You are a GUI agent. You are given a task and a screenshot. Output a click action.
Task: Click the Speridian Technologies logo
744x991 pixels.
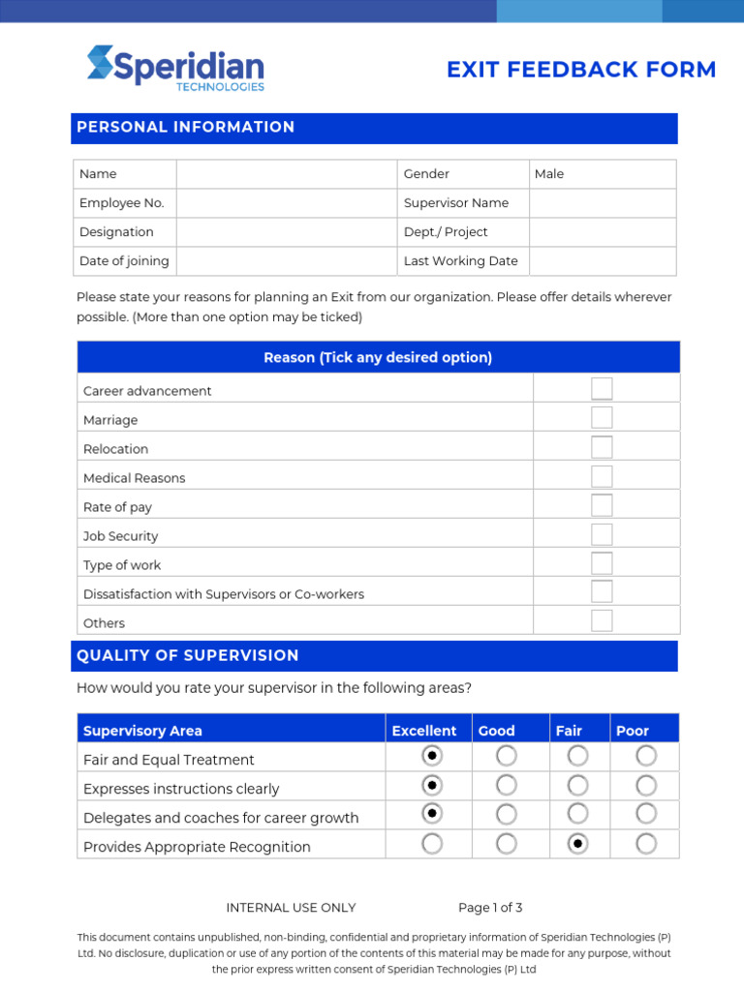coord(175,68)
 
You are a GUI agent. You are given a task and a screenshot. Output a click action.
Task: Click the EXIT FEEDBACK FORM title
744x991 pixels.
coord(581,70)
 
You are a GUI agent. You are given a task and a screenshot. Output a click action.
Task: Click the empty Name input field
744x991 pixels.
coord(286,174)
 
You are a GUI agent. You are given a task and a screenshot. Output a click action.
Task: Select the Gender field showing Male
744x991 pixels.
coord(602,174)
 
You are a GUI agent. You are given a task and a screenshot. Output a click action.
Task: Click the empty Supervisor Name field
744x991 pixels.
coord(602,203)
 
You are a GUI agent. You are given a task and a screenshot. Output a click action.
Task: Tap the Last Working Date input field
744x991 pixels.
coord(602,261)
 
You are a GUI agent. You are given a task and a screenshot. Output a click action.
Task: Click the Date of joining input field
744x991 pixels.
coord(286,261)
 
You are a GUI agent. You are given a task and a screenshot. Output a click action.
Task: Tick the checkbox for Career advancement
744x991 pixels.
coord(602,389)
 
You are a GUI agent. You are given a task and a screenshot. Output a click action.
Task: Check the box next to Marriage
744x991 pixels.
coord(602,418)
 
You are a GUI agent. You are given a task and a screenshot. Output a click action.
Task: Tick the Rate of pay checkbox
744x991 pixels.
coord(602,505)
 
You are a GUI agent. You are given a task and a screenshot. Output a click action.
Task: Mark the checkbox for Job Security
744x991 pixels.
coord(602,534)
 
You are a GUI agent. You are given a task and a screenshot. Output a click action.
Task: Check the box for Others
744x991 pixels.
coord(602,621)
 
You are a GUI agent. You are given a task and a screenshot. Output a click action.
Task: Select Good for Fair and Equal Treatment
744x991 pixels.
coord(506,756)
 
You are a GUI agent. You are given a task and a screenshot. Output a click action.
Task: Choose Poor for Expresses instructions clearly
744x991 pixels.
coord(646,785)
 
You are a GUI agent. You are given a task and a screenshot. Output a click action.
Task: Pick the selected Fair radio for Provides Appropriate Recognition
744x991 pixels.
coord(577,844)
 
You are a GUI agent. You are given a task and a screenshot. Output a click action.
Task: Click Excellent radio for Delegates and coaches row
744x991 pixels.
coord(432,814)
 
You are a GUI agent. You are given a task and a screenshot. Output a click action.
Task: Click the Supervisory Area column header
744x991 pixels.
coord(143,731)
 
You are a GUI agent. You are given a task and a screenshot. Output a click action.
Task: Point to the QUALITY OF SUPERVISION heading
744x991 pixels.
coord(188,655)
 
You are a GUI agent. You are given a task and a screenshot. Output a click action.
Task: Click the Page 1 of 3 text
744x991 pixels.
coord(490,908)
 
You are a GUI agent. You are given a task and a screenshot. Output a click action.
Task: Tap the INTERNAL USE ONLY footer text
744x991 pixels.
coord(291,908)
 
